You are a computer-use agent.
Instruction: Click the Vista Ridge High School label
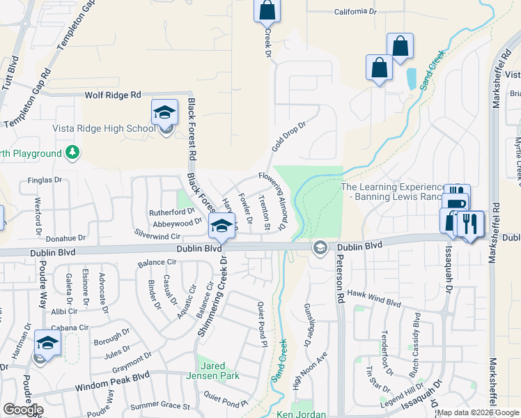[103, 128]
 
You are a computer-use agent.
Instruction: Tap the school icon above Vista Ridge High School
[164, 113]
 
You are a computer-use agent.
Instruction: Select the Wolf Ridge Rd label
[113, 95]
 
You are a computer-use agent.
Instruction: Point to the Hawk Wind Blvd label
[374, 298]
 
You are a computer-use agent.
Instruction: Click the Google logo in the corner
[23, 410]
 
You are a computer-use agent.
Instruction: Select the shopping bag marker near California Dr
[267, 10]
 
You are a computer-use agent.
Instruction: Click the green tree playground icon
[72, 152]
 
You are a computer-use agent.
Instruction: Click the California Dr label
[359, 12]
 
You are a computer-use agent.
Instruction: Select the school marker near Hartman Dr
[47, 343]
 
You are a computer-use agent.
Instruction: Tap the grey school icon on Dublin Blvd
[320, 247]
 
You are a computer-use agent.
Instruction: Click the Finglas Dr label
[45, 180]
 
